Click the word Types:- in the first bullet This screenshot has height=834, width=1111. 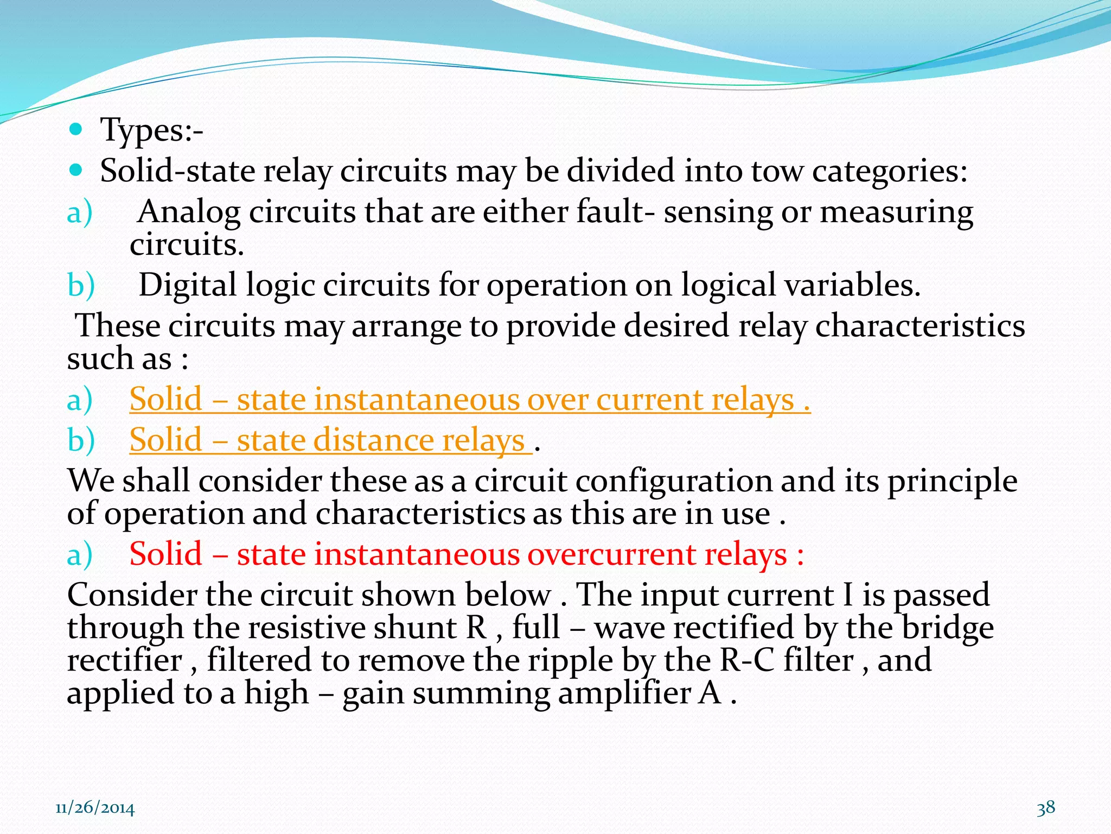tap(151, 130)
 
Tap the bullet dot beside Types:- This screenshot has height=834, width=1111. tap(76, 129)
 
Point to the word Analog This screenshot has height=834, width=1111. tap(188, 212)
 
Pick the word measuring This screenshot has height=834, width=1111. tap(896, 213)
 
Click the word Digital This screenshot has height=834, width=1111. tap(188, 286)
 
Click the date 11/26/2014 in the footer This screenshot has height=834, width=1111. tap(95, 808)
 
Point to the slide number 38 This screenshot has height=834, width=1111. tap(1046, 807)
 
